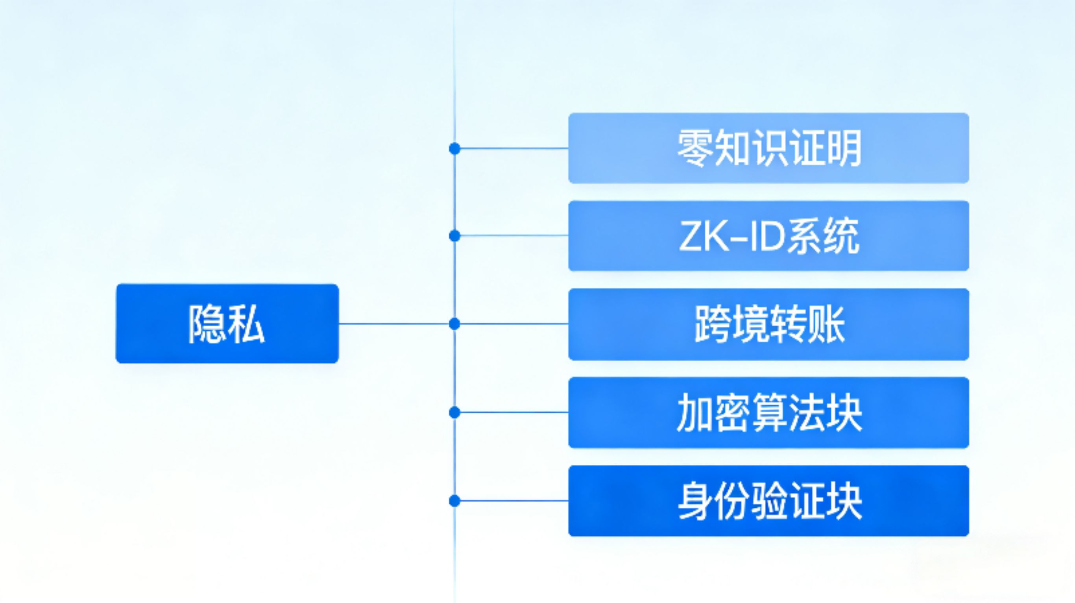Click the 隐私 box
pos(227,324)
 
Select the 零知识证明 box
pos(768,148)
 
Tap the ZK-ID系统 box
pos(768,236)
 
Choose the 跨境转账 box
pos(768,324)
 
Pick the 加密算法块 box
pos(768,412)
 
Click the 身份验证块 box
pos(768,500)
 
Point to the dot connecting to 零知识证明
pos(454,148)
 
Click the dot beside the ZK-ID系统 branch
pos(454,236)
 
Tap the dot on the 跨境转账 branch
pos(454,324)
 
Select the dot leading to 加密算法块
pos(454,412)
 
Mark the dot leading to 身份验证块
pos(454,500)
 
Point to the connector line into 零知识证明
pos(513,148)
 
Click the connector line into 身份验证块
pos(513,500)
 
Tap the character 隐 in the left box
pos(206,324)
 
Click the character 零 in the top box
pos(695,148)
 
